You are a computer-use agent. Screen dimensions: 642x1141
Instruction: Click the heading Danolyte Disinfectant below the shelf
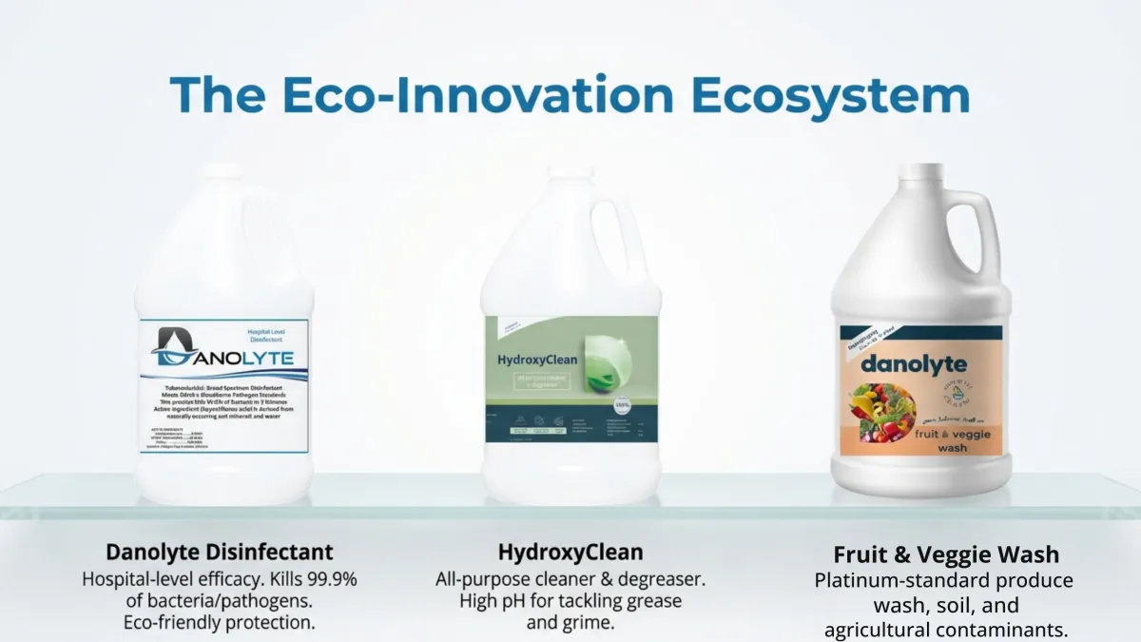coord(220,552)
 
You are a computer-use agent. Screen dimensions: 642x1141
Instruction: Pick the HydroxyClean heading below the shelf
coord(570,552)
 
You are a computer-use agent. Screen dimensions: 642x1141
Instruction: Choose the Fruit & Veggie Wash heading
coord(946,554)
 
